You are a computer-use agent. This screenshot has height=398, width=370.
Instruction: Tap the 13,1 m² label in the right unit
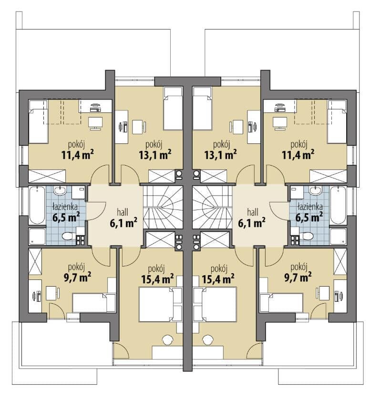pyautogui.click(x=220, y=154)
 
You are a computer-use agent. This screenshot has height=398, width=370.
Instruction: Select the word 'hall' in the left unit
pyautogui.click(x=123, y=212)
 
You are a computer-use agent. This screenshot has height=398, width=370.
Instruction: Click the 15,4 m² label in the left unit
pyautogui.click(x=157, y=279)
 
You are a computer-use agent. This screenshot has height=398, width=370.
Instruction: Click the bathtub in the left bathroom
pyautogui.click(x=37, y=205)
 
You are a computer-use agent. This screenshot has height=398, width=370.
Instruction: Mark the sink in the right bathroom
pyautogui.click(x=315, y=190)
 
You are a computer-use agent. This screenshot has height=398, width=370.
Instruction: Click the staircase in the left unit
pyautogui.click(x=163, y=207)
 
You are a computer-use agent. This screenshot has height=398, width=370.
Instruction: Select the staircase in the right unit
pyautogui.click(x=212, y=207)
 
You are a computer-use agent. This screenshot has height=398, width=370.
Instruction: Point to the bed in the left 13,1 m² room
pyautogui.click(x=173, y=109)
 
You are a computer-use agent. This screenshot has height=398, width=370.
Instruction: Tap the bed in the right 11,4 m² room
pyautogui.click(x=337, y=121)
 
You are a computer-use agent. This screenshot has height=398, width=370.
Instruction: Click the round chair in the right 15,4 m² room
pyautogui.click(x=208, y=340)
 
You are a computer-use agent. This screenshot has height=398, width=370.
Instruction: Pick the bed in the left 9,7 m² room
pyautogui.click(x=94, y=303)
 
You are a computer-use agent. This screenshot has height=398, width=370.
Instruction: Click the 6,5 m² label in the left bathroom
pyautogui.click(x=66, y=218)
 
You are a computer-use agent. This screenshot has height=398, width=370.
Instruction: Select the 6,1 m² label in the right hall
pyautogui.click(x=252, y=223)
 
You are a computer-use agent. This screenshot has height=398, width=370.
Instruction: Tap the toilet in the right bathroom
pyautogui.click(x=308, y=236)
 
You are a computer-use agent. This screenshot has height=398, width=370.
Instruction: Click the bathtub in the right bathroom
pyautogui.click(x=338, y=205)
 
